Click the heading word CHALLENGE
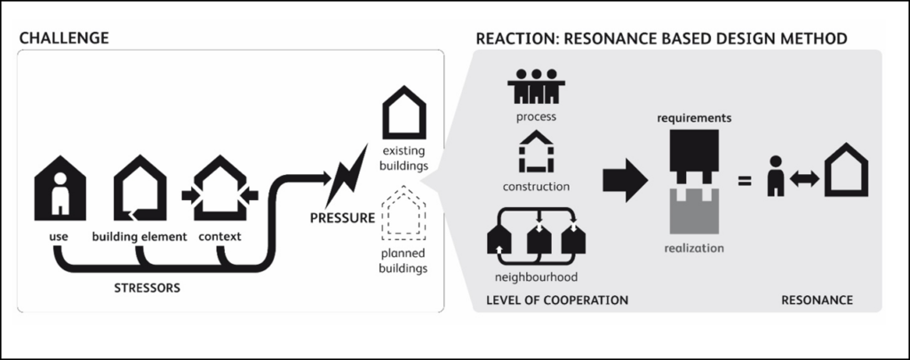click(63, 38)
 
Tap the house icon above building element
click(139, 189)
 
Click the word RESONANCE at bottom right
click(817, 300)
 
